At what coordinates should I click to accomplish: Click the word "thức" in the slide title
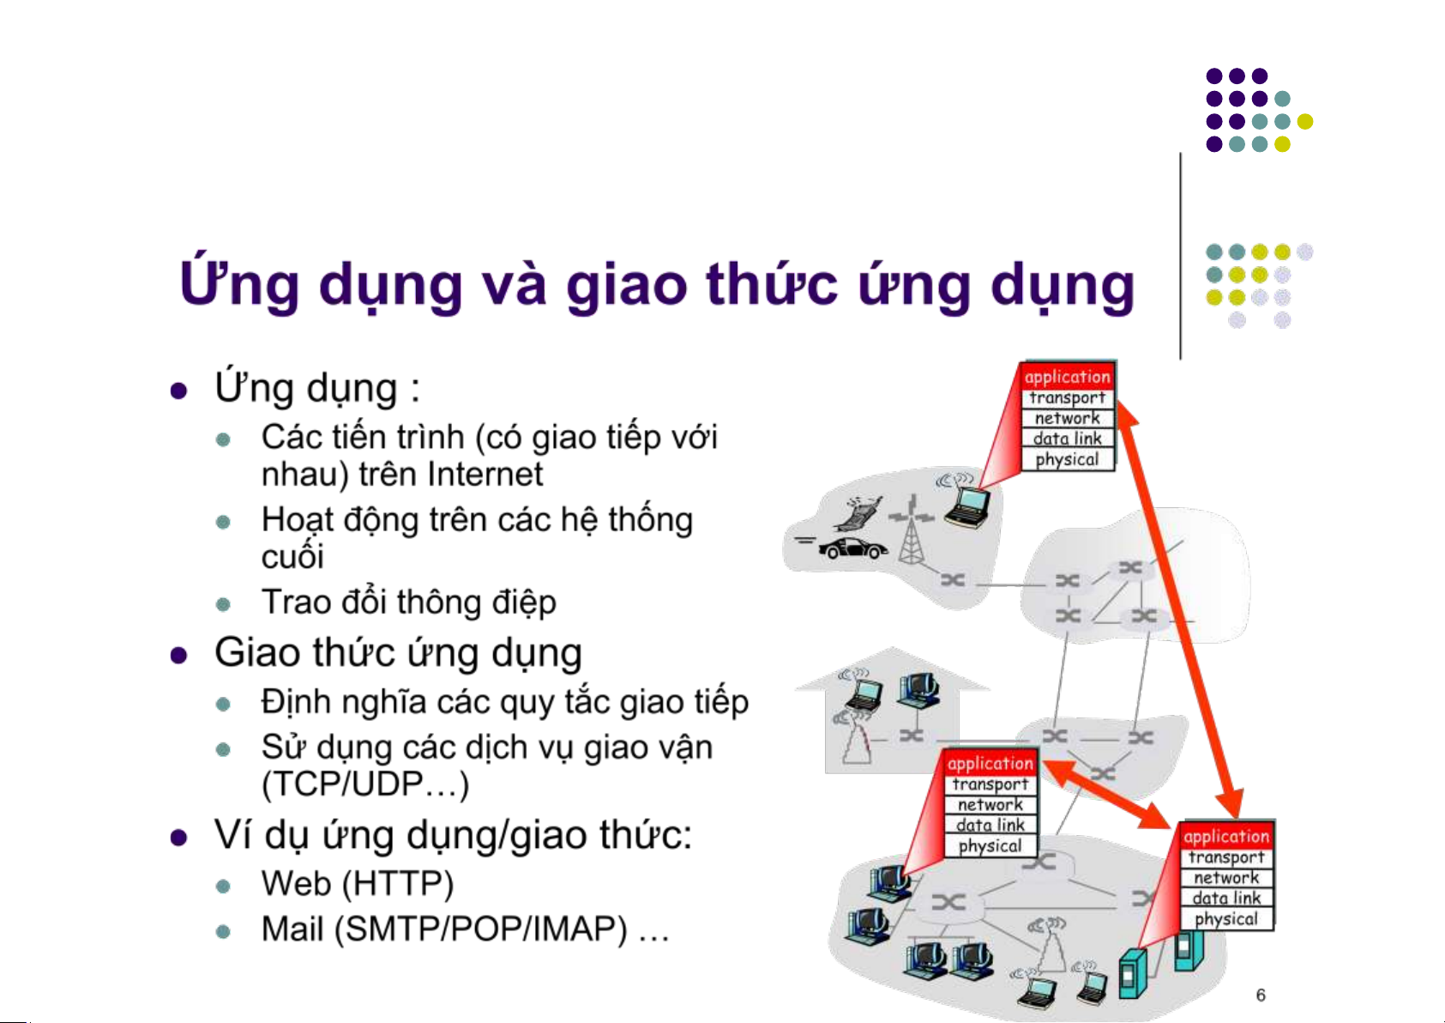pos(772,283)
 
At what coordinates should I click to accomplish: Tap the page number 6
pos(1261,995)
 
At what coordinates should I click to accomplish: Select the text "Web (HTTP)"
pos(358,883)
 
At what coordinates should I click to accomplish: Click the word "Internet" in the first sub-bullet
pos(483,475)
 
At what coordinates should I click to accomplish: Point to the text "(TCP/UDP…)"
pos(365,784)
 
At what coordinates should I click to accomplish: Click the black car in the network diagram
pos(852,548)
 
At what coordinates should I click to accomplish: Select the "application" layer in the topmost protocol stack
pos(1068,376)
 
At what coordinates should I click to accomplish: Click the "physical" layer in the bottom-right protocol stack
pos(1226,918)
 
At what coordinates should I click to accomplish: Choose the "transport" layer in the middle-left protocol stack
pos(990,784)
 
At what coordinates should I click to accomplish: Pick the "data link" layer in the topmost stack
pos(1068,439)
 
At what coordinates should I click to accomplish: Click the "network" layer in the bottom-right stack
pos(1226,878)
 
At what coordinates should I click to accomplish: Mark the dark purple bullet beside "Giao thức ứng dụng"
pos(178,656)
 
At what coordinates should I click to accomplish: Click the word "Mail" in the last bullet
pos(292,929)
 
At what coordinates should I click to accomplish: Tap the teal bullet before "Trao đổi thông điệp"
pos(223,604)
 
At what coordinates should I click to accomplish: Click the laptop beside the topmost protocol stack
pos(967,507)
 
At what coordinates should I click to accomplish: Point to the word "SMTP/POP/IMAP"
pos(480,929)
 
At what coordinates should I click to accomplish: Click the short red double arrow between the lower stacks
pos(1107,795)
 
